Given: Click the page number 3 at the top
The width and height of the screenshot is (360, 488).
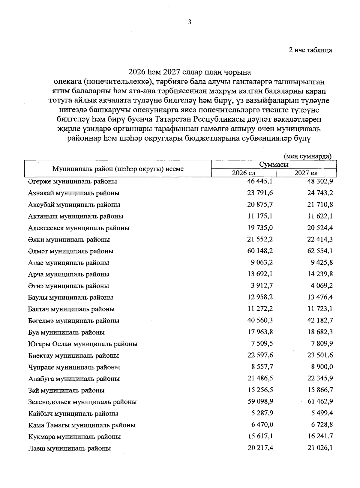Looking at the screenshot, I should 189,22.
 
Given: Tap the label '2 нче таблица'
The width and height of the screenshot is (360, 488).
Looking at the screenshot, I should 310,50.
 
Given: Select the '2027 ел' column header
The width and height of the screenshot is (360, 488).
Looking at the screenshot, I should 306,173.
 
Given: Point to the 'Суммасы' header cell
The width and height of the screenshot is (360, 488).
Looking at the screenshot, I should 274,165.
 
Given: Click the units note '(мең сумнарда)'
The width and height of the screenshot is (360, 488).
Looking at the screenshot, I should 307,156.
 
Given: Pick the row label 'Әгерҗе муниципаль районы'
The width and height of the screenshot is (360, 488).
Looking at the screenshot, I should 72,182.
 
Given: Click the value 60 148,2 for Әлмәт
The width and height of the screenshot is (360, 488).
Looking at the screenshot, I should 260,251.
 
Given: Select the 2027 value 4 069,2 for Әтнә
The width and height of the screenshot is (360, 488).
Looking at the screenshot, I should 322,286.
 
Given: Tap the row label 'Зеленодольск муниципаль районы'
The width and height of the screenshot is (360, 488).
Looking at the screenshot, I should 82,402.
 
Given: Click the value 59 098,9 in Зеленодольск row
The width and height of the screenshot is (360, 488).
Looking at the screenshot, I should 260,402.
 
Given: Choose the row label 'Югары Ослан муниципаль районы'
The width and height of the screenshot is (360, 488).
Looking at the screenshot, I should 83,344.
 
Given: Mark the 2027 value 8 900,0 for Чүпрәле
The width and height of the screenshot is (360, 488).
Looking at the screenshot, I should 322,367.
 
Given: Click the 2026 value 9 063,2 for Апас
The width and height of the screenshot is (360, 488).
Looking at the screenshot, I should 262,263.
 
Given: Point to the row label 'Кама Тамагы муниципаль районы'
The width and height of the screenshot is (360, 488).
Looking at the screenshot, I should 82,425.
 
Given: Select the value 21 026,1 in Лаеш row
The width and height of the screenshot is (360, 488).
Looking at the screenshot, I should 320,448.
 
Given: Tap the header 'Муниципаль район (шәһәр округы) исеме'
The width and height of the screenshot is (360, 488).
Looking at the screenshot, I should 118,169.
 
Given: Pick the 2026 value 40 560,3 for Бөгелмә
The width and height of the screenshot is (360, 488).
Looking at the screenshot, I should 260,320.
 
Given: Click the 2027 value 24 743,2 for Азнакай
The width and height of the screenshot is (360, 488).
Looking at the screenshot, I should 320,193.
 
